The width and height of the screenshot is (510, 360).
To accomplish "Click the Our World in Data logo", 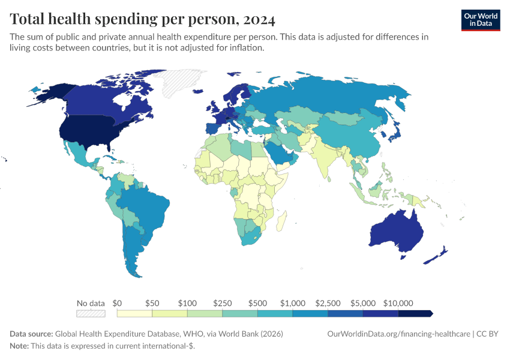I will point(480,20).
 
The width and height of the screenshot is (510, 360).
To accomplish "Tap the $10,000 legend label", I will point(398,303).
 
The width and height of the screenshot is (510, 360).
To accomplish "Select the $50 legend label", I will point(152,303).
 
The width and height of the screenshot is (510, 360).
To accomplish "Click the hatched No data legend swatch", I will point(91,313).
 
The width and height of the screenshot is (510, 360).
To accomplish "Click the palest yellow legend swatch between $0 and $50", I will point(135,313).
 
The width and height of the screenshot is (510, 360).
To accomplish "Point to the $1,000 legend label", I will point(293,303).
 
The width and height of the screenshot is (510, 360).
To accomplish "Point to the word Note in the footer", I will point(19,346).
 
